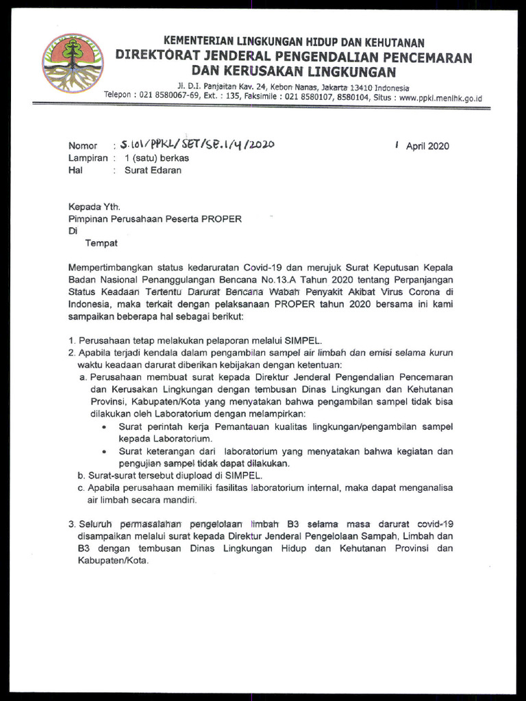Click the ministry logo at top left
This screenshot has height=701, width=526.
tap(73, 63)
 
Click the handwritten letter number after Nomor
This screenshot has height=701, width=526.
tap(197, 144)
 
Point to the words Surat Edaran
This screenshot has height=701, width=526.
tap(153, 170)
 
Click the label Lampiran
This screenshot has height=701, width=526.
tap(88, 158)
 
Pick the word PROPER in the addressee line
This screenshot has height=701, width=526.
tap(220, 219)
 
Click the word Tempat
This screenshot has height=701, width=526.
tap(101, 243)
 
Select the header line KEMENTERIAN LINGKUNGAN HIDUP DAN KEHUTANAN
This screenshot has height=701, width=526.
tap(293, 43)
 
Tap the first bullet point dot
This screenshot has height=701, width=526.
tap(103, 427)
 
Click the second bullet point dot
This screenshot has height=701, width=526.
tap(103, 452)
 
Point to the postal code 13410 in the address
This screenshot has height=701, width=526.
tap(363, 88)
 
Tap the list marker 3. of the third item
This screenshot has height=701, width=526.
tap(72, 524)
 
